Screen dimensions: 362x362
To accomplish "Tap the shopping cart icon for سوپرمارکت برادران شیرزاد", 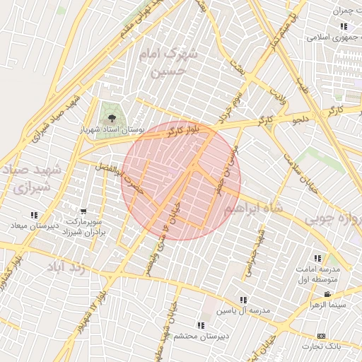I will pyautogui.click(x=83, y=211).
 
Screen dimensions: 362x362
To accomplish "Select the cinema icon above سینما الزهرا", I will pyautogui.click(x=327, y=294).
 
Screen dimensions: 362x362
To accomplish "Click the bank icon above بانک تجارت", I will pyautogui.click(x=322, y=335).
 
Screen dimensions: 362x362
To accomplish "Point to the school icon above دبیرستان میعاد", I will pyautogui.click(x=33, y=215).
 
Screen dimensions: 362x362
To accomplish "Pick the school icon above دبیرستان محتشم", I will pyautogui.click(x=201, y=325).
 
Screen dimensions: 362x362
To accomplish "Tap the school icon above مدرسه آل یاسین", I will pyautogui.click(x=243, y=300).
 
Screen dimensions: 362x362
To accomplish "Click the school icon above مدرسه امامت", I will pyautogui.click(x=317, y=258).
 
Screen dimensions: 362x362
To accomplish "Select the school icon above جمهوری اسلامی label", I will pyautogui.click(x=343, y=27).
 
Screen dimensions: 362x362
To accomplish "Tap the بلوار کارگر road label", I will pyautogui.click(x=181, y=128).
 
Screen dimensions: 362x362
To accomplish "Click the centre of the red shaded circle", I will pyautogui.click(x=181, y=180).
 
